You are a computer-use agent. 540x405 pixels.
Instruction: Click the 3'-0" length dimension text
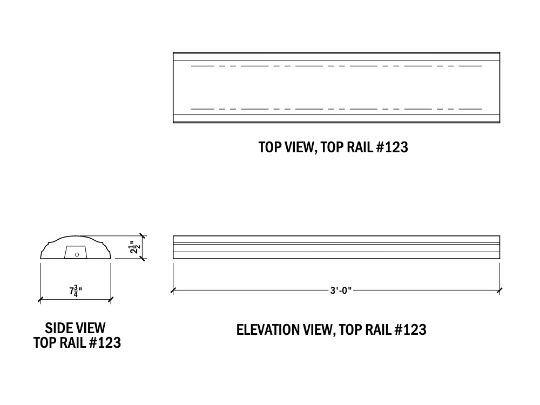coord(341,291)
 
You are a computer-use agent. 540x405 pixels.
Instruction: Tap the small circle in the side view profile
coord(77,254)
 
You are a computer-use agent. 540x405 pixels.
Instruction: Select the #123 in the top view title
coord(390,147)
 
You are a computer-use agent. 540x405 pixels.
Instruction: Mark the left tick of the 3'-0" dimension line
coord(173,291)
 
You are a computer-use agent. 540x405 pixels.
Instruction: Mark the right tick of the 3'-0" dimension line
coord(500,291)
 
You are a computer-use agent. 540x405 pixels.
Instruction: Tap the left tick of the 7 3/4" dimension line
coord(41,299)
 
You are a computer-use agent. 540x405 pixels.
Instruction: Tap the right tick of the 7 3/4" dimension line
coord(111,299)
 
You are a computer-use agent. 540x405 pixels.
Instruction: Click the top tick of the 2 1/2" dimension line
coord(143,236)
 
